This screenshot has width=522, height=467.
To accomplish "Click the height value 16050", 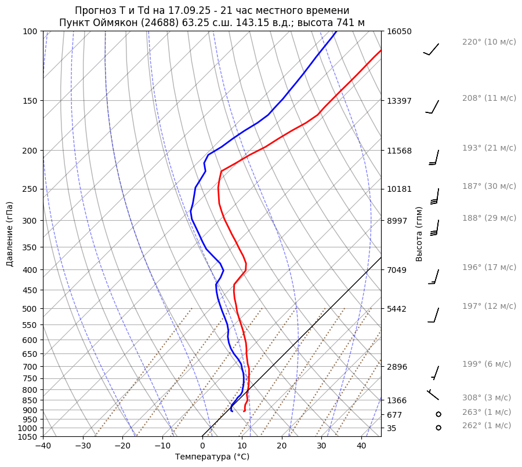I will coord(399,31).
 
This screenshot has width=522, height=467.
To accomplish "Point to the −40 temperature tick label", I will coord(43,446).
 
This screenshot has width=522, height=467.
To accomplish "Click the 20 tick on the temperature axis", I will coord(282,446).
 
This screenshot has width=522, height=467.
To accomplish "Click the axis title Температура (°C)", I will coord(212,457).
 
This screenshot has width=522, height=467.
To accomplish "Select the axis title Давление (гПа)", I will coord(10,234).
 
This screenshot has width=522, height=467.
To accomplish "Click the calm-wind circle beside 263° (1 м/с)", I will coord(438,414).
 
